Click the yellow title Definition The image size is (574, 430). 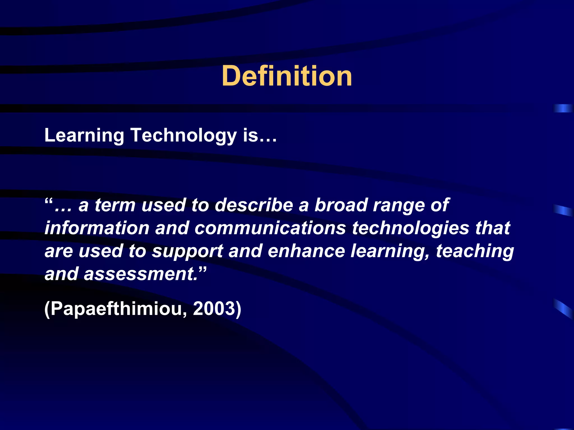tap(287, 76)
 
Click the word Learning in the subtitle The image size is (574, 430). tap(84, 135)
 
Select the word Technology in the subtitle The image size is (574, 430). tap(184, 135)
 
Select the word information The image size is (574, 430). tap(97, 228)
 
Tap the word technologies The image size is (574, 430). tap(410, 228)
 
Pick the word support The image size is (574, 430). tap(187, 251)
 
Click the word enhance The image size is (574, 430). tap(306, 251)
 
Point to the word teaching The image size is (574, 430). tap(475, 251)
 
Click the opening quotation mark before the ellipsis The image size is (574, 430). tap(48, 201)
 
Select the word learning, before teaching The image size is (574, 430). tap(390, 251)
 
